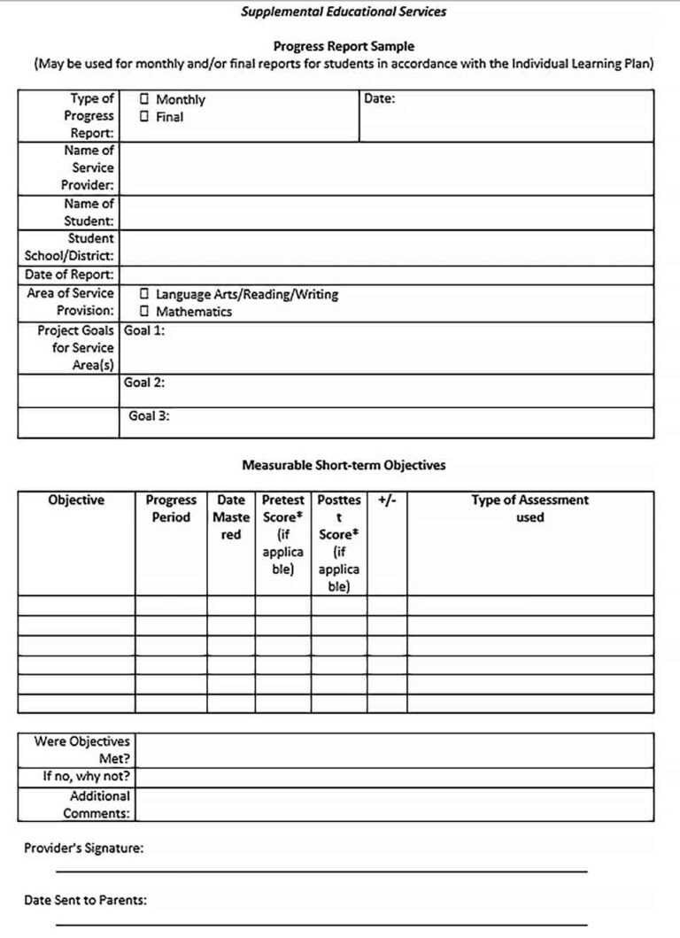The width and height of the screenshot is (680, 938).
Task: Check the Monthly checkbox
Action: pos(144,100)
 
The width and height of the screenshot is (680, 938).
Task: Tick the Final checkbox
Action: pos(144,117)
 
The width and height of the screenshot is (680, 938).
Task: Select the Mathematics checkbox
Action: pos(144,312)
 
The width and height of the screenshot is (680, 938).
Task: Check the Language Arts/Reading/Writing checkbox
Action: pos(144,294)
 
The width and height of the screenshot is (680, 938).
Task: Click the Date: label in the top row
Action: pos(380,99)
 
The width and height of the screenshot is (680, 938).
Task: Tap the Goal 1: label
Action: pos(144,330)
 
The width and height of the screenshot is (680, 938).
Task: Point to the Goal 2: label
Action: pos(144,383)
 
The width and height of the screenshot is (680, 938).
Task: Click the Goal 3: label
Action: pos(149,415)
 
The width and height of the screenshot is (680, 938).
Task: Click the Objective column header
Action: pos(76,500)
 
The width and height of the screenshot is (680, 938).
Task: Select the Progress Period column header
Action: pos(171,508)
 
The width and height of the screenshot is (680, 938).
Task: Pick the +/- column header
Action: pos(387,500)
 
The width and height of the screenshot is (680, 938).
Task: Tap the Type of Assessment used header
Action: pos(529,508)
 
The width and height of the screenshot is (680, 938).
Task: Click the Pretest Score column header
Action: pos(282,534)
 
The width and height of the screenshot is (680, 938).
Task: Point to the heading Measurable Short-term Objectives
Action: pos(344,465)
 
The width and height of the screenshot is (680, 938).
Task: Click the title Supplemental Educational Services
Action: pos(344,12)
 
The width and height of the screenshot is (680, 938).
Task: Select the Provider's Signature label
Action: pos(83,849)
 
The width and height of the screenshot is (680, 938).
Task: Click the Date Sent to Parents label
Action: pos(85,901)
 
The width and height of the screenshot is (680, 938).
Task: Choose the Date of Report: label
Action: pos(70,275)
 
